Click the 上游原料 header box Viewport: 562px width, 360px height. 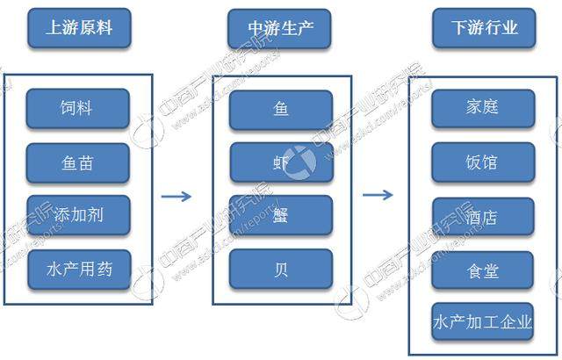[x=79, y=29]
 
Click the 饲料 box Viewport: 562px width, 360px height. [x=79, y=108]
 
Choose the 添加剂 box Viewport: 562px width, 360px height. [x=79, y=213]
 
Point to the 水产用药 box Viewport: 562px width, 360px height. [x=79, y=266]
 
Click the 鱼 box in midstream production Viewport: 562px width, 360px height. [x=282, y=110]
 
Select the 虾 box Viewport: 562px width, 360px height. [x=282, y=162]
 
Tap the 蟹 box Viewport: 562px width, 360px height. [x=282, y=215]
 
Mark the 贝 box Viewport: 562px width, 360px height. [x=282, y=268]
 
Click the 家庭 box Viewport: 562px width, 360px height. [x=483, y=108]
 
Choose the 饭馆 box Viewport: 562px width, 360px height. [x=483, y=162]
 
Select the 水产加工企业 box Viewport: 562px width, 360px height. [x=483, y=322]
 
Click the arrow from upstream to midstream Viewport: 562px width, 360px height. [x=177, y=196]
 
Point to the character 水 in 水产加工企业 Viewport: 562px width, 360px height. [x=443, y=322]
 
